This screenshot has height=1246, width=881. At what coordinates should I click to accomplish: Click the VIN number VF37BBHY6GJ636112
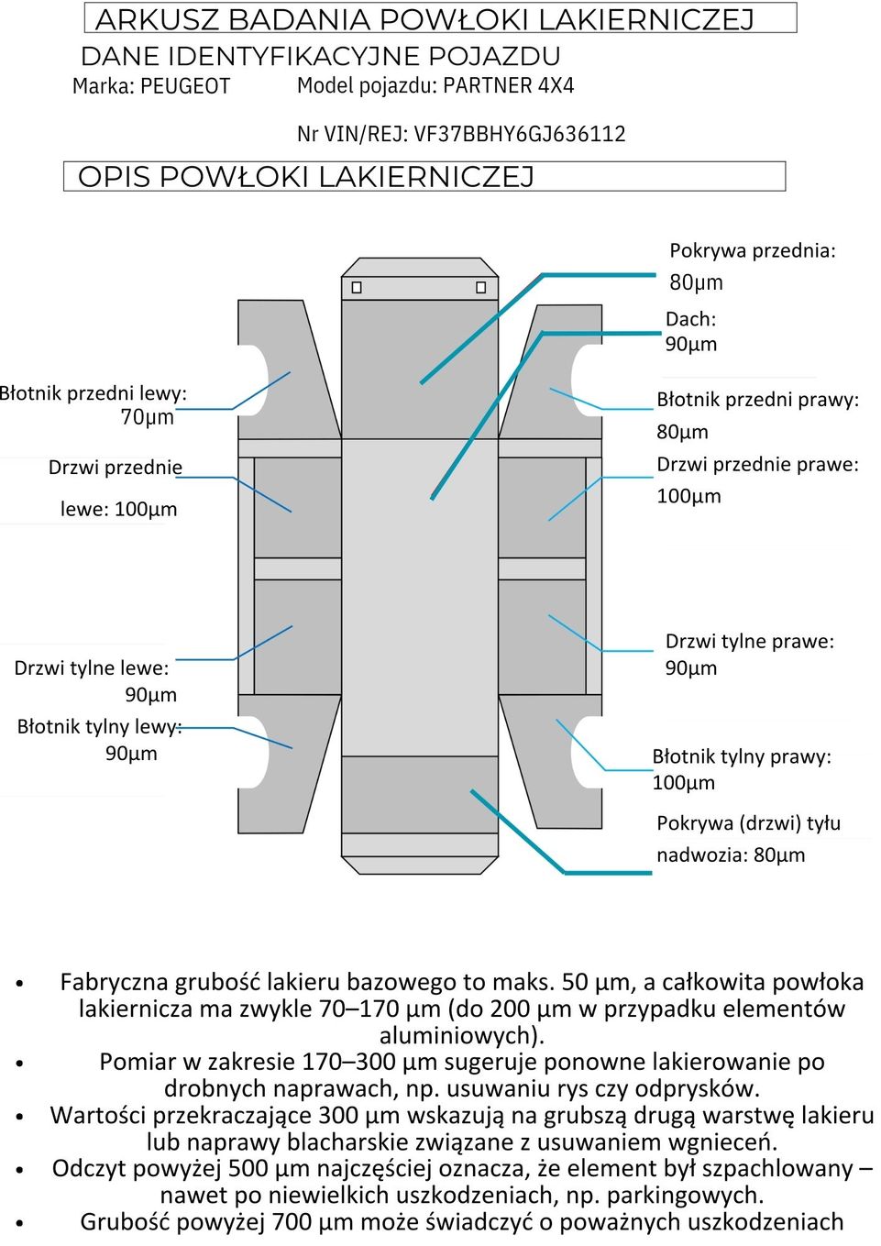(520, 134)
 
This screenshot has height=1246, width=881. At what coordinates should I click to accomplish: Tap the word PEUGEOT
(186, 86)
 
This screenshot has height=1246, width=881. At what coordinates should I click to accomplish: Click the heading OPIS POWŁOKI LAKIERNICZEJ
(305, 177)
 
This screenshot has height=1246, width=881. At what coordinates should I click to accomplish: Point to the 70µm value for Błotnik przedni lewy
(148, 417)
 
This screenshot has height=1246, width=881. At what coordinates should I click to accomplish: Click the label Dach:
(690, 319)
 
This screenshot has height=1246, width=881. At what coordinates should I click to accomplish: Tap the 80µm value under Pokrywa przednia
(696, 282)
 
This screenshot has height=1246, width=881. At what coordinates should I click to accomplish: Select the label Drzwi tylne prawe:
(749, 641)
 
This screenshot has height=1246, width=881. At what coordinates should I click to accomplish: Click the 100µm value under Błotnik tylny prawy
(683, 783)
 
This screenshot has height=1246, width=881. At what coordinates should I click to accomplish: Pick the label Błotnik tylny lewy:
(99, 727)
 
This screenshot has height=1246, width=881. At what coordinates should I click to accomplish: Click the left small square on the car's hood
(357, 288)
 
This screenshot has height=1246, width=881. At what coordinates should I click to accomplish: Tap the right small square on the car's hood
(480, 288)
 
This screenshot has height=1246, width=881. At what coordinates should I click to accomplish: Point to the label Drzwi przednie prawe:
(757, 465)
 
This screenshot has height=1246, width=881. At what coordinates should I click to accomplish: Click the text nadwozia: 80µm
(731, 855)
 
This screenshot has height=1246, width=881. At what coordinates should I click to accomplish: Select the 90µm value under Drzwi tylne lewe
(150, 695)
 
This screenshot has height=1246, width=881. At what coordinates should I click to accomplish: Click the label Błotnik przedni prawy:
(757, 400)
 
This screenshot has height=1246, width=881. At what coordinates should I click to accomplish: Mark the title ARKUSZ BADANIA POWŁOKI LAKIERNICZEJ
(424, 19)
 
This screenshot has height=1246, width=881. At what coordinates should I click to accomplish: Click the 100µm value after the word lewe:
(146, 510)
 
